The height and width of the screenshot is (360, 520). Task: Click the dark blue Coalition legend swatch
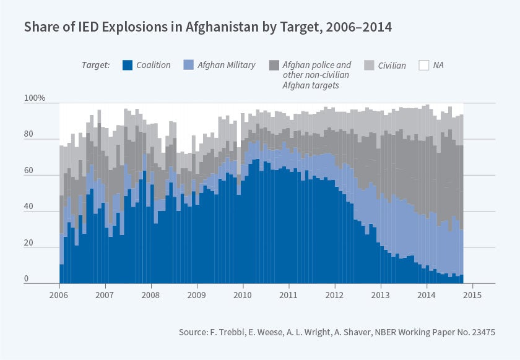pos(128,65)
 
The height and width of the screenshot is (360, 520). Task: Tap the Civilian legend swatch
pos(368,65)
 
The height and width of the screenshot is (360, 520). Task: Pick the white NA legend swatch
pos(424,65)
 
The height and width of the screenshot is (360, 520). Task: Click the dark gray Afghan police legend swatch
pos(274,65)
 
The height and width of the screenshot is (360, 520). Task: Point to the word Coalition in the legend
pos(154,65)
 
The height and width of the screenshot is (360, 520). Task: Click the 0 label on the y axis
pos(26,279)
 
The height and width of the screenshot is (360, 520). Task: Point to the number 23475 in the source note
pos(482,333)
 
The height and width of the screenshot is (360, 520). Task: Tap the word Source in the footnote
pos(194,333)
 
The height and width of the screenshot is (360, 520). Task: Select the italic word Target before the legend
pos(95,65)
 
